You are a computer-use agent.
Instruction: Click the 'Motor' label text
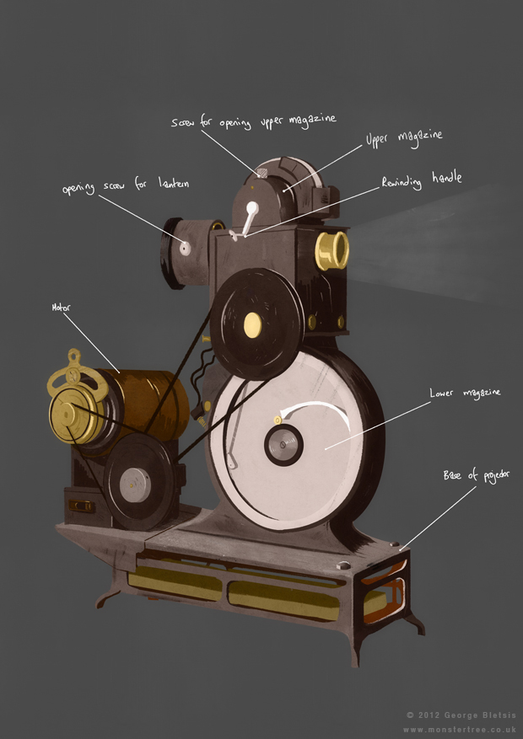(60, 308)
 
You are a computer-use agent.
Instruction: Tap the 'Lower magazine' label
(466, 393)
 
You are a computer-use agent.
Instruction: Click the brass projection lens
(333, 249)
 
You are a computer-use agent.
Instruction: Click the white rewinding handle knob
(251, 208)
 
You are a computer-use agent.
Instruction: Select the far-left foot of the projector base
(105, 600)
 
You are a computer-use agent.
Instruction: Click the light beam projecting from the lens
(430, 244)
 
